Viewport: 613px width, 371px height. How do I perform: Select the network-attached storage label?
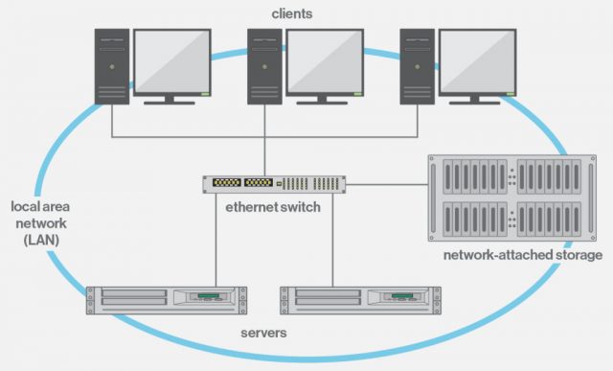click(x=522, y=256)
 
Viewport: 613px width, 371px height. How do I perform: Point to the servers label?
click(x=262, y=334)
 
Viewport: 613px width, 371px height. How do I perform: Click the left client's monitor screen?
click(x=172, y=59)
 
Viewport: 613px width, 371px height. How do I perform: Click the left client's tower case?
click(x=111, y=65)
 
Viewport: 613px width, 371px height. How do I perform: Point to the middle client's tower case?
click(x=263, y=65)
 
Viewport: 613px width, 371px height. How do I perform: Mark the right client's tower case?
click(x=417, y=65)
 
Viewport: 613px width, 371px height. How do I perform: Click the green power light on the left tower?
click(x=111, y=67)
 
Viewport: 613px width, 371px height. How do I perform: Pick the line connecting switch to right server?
click(x=332, y=240)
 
